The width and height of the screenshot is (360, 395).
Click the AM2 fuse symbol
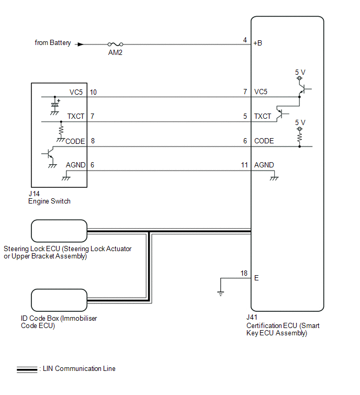point(115,44)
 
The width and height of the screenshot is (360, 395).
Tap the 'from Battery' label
point(52,43)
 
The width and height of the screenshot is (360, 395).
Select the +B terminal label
point(257,43)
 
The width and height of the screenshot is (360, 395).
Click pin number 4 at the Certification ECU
point(245,40)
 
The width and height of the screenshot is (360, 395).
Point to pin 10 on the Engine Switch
point(93,93)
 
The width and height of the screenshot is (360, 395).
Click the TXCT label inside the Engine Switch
point(75,116)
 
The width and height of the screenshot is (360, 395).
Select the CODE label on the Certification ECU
point(264,141)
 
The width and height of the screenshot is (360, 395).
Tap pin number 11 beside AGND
point(244,165)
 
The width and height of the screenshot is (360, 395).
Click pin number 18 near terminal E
point(244,274)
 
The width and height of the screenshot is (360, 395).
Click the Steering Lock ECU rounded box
point(59,231)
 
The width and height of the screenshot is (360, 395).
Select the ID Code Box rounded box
point(59,300)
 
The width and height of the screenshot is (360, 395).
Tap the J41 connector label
point(251,318)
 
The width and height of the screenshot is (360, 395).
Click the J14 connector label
point(34,194)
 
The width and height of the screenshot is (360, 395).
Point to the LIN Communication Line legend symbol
point(27,369)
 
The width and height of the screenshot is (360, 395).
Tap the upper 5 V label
point(300,72)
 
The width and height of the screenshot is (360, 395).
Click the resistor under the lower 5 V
point(300,138)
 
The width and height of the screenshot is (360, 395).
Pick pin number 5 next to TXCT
point(245,117)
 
